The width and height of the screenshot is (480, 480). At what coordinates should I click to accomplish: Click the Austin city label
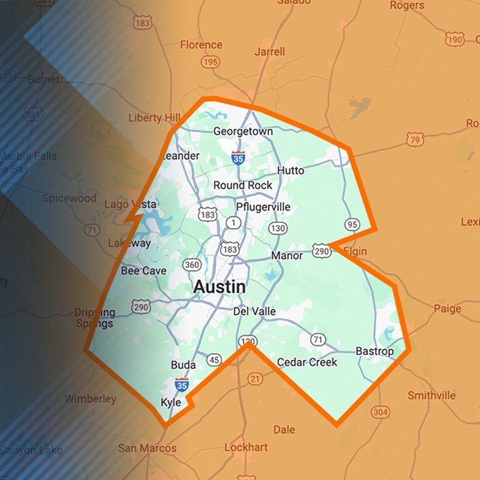click(x=219, y=287)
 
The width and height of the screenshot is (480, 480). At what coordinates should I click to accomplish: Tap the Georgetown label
click(x=243, y=132)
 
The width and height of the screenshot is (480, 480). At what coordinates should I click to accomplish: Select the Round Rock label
click(x=243, y=185)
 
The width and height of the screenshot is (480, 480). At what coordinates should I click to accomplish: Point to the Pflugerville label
click(x=263, y=207)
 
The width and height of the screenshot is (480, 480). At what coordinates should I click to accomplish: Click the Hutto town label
click(x=291, y=170)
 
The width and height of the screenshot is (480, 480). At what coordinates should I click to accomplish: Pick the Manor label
click(x=287, y=255)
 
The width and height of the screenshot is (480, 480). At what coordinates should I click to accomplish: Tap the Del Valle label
click(x=254, y=311)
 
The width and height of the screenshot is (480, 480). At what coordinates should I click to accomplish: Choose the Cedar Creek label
click(x=307, y=362)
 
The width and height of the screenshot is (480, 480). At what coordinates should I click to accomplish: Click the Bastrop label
click(x=375, y=351)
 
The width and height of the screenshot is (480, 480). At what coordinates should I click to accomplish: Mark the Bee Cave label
click(x=143, y=270)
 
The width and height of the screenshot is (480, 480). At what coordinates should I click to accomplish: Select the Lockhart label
click(x=246, y=448)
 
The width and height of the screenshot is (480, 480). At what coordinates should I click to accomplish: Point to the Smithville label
click(x=432, y=395)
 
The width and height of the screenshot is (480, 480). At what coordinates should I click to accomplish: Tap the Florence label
click(x=201, y=45)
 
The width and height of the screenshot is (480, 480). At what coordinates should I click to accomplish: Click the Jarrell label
click(x=270, y=51)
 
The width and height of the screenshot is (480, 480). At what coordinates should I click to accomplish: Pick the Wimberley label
click(x=90, y=399)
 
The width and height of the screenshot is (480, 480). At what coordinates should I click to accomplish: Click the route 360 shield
click(x=192, y=264)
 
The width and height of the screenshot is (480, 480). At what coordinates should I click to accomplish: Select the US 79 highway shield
click(x=416, y=140)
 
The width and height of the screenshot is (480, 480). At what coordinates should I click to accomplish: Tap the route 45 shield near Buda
click(x=214, y=359)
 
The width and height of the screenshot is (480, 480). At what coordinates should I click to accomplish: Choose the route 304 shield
click(x=380, y=411)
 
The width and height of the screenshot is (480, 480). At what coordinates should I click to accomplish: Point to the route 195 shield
click(x=210, y=62)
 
